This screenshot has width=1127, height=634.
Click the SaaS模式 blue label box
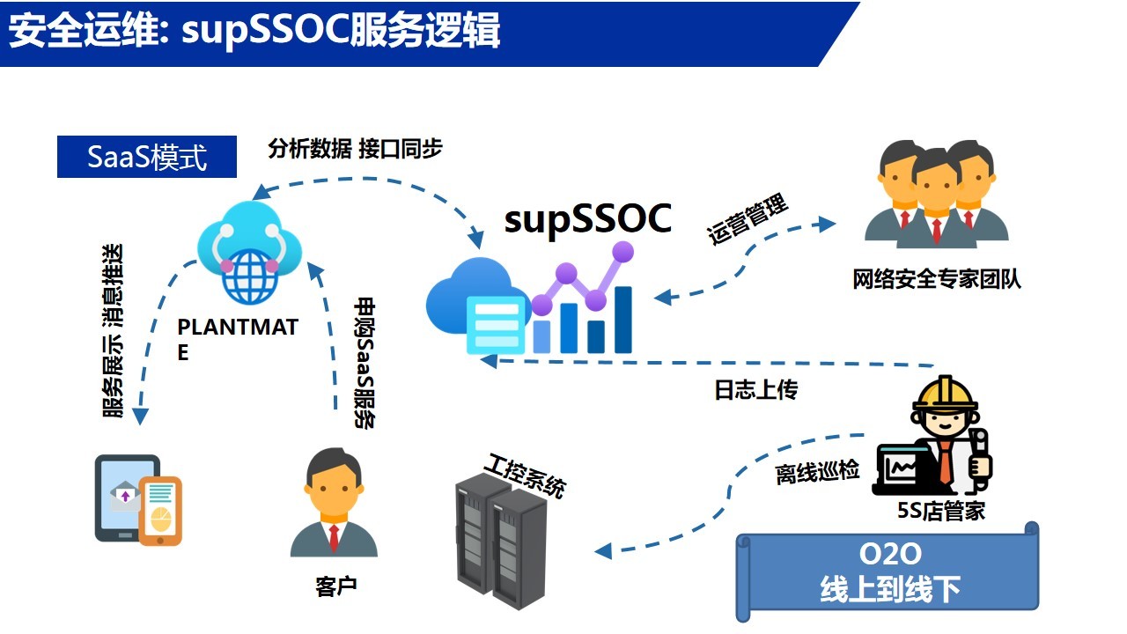click(x=147, y=157)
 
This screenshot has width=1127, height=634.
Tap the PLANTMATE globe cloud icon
click(x=249, y=252)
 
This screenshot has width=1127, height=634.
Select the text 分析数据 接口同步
click(x=355, y=149)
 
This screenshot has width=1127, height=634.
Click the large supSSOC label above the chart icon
click(x=587, y=219)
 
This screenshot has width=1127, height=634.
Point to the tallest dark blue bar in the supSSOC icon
click(x=622, y=320)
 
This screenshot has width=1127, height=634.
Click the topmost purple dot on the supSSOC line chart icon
click(x=622, y=252)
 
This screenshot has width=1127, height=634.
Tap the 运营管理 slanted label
click(x=748, y=219)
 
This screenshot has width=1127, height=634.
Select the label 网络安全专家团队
click(x=937, y=279)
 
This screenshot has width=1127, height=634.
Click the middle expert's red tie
click(x=936, y=232)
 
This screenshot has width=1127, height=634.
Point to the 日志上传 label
click(x=756, y=389)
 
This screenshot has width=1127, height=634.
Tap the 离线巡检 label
click(x=817, y=472)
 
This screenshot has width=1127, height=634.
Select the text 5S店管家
click(x=941, y=511)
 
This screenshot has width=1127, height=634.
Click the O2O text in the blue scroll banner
click(x=890, y=554)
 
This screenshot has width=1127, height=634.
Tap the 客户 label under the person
click(x=336, y=586)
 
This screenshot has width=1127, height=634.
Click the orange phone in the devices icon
click(x=160, y=512)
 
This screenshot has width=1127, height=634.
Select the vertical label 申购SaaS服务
click(x=365, y=363)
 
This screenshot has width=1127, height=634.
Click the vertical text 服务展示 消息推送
click(x=114, y=330)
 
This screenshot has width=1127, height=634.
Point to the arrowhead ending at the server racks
click(x=603, y=551)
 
